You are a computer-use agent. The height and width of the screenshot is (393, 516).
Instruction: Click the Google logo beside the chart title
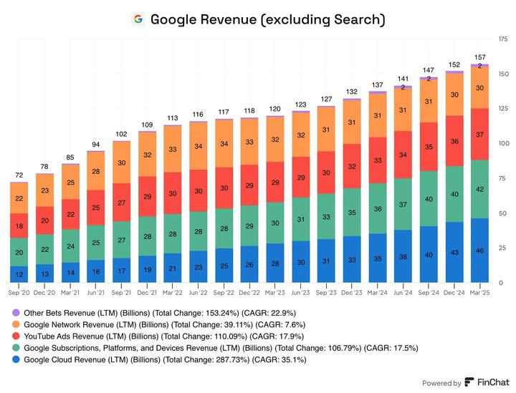[x=138, y=19]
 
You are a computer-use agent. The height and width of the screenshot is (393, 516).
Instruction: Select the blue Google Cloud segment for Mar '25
[x=479, y=251]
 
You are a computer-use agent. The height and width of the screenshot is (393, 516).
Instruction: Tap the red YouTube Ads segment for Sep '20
[x=19, y=225]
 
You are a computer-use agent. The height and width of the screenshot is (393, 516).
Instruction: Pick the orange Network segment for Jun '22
[x=199, y=146]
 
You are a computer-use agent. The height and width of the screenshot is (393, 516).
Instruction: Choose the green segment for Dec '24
[x=454, y=194]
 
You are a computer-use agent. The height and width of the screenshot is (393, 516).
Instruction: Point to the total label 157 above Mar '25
[x=479, y=57]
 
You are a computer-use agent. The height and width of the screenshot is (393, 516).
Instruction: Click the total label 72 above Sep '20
[x=19, y=175]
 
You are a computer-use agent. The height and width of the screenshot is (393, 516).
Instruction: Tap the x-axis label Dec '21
[x=147, y=292]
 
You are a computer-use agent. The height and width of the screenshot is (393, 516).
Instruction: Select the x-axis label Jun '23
[x=300, y=292]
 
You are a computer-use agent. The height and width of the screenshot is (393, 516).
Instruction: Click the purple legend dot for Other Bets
[x=16, y=313]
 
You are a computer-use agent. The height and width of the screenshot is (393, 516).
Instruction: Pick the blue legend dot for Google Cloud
[x=16, y=360]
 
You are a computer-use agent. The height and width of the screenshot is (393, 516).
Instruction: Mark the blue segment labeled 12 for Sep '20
[x=19, y=274]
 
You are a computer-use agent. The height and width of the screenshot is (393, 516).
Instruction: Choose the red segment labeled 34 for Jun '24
[x=403, y=154]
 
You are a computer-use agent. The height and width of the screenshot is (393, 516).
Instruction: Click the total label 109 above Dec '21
[x=147, y=125]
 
